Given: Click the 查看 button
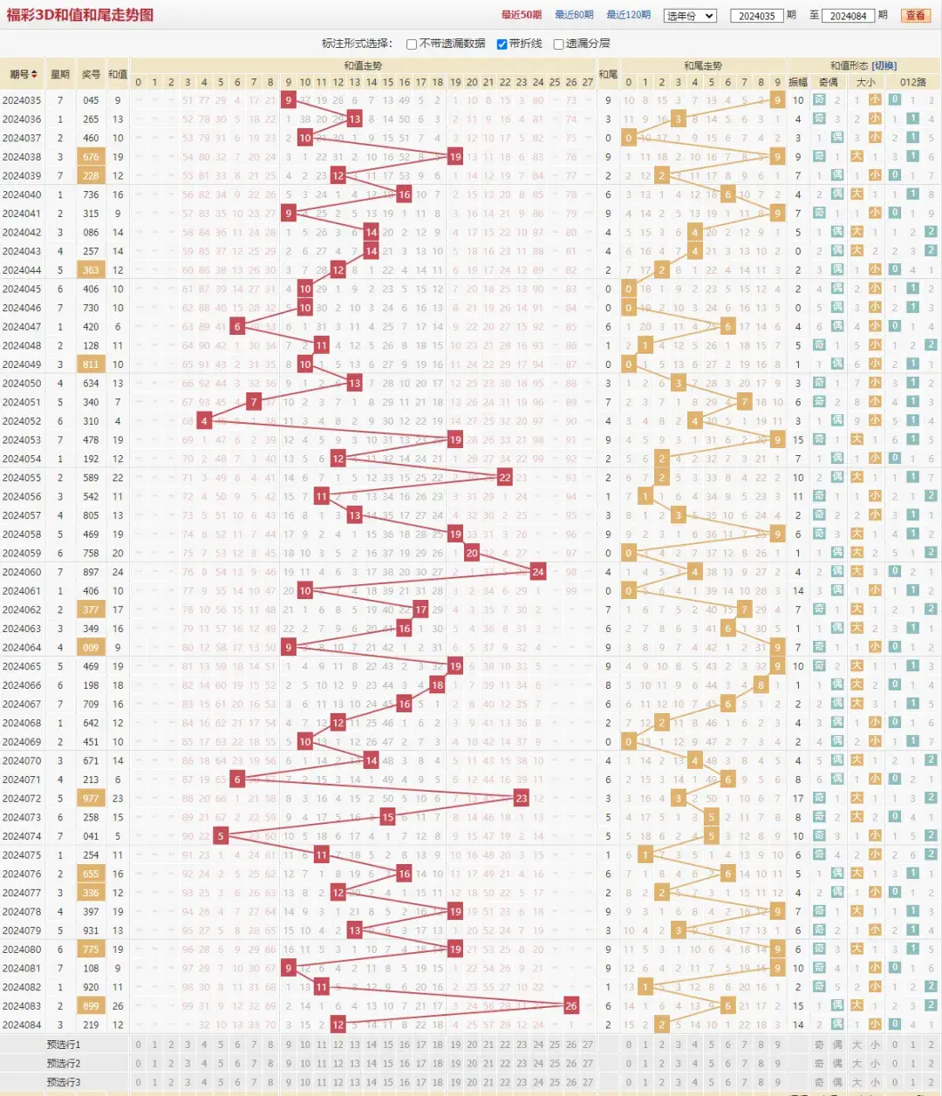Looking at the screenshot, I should coord(915,15).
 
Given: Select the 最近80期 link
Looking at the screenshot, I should coord(573,15).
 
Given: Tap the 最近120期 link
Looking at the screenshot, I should coord(628,15).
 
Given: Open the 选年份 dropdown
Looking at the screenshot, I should coord(690,16).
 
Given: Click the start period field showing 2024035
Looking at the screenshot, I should coord(756,16).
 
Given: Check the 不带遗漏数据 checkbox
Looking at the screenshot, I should coord(412,44).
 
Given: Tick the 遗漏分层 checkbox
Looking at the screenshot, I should coord(558,44).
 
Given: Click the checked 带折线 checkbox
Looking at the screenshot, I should coord(502,44).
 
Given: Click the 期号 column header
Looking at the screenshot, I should coord(24,74).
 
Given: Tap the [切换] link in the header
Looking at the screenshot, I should coord(884,65).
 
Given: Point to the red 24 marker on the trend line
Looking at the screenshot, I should coord(537,572).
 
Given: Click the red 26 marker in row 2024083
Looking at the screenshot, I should coord(570,1005).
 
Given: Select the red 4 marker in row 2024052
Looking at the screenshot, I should coord(204,421).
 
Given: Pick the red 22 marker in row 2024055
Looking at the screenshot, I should coord(504,478).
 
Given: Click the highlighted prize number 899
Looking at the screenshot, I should coord(91,1005).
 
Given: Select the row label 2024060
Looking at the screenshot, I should coord(22,572).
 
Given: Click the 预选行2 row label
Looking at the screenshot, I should coord(64,1063).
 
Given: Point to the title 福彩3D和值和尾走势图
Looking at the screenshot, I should coord(79,15).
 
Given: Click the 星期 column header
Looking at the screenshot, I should coord(60,74).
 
